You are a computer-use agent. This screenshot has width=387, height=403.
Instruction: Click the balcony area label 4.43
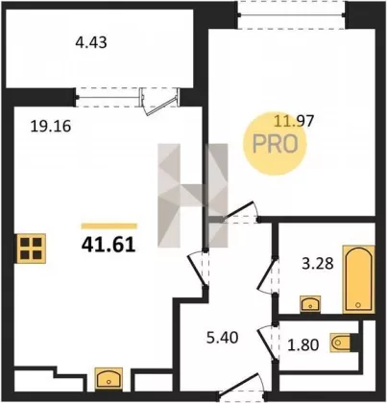91,42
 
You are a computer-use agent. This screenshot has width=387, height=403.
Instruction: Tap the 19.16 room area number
50,127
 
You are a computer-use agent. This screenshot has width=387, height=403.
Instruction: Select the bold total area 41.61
109,246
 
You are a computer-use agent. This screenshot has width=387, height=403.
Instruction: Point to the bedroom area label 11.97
294,121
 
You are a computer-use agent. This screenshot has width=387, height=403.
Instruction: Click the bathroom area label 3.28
318,264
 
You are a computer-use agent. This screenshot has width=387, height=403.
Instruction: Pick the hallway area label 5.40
222,338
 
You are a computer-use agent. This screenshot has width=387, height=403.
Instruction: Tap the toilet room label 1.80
302,345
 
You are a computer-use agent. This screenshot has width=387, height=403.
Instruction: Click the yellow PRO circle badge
275,144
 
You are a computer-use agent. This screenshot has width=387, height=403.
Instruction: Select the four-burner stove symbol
32,249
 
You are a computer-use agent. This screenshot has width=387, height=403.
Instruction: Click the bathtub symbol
358,279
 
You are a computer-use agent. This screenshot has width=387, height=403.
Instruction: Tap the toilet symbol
340,343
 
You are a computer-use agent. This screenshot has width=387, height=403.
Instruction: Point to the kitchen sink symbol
109,379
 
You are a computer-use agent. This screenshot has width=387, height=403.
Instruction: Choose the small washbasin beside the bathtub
310,303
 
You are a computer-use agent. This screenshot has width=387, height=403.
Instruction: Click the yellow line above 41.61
109,226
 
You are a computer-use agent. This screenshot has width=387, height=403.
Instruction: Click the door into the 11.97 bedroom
241,212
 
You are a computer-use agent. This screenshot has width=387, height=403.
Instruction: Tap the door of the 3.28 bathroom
266,275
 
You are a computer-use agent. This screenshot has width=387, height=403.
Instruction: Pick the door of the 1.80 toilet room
267,343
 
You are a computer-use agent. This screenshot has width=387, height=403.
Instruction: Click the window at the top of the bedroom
291,14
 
